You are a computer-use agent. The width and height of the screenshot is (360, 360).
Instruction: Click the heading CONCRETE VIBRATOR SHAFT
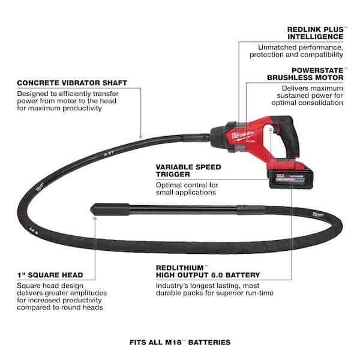click(72, 83)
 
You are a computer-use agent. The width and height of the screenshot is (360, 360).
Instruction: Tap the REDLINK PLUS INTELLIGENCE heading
click(316, 33)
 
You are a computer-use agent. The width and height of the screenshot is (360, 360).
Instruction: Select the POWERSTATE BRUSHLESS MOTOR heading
click(305, 74)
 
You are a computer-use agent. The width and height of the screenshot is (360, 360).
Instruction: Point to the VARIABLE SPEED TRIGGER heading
click(188, 170)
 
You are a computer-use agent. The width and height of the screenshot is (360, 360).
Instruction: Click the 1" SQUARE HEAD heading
click(50, 275)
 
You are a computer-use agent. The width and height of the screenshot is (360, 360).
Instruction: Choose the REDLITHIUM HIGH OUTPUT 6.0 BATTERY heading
click(208, 271)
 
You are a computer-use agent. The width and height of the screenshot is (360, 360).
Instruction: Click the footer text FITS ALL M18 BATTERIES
click(180, 343)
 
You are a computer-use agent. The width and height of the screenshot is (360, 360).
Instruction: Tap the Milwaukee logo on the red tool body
click(242, 136)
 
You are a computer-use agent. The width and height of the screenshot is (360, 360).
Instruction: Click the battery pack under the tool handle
click(290, 176)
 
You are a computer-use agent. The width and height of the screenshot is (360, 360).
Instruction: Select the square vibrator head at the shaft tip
click(110, 209)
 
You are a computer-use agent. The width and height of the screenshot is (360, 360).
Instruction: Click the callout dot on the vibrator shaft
click(141, 137)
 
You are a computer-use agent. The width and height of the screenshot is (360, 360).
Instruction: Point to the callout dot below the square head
click(95, 219)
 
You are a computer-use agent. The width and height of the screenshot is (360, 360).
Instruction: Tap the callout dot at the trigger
click(271, 130)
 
